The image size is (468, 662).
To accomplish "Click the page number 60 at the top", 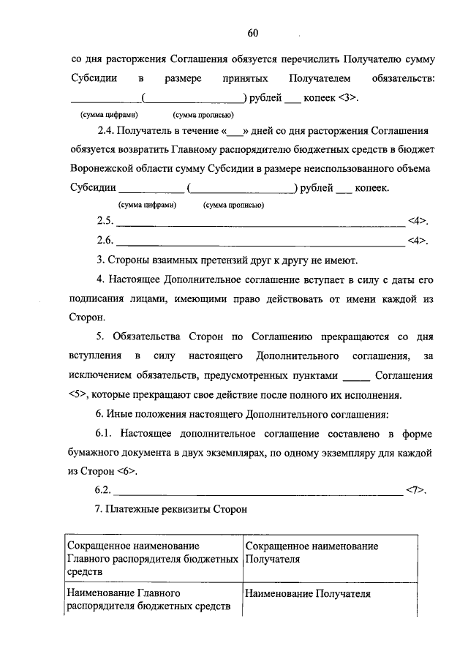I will point(253,33).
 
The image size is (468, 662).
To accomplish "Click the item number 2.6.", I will point(105,240).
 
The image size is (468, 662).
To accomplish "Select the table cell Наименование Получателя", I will point(308,594).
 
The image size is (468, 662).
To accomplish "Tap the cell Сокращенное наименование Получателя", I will point(312,553).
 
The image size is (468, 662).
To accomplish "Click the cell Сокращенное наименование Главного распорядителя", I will point(152,560).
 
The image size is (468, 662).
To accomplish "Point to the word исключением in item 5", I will point(104,376).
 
